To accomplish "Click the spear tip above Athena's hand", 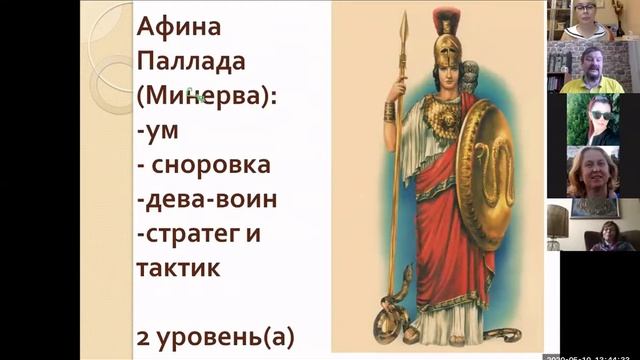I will pos(404,30).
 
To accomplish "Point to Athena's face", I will pos(440,73).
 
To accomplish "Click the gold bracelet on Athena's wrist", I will pos(389,111).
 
